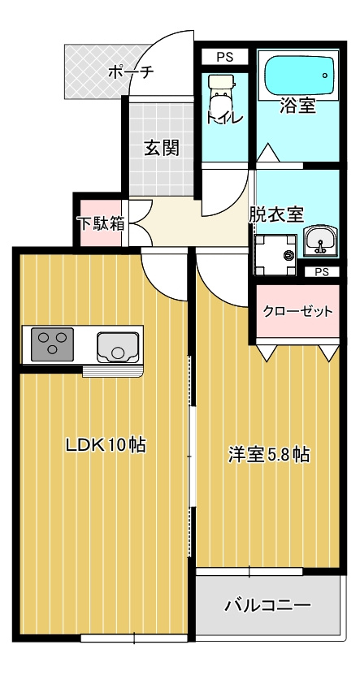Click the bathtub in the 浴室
(297, 77)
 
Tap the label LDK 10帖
(105, 445)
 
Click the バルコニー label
(267, 606)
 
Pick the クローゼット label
(297, 312)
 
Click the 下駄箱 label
(100, 223)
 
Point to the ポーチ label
(130, 72)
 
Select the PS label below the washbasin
(322, 272)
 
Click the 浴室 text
(297, 106)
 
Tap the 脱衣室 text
(276, 214)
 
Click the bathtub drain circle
(324, 76)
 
